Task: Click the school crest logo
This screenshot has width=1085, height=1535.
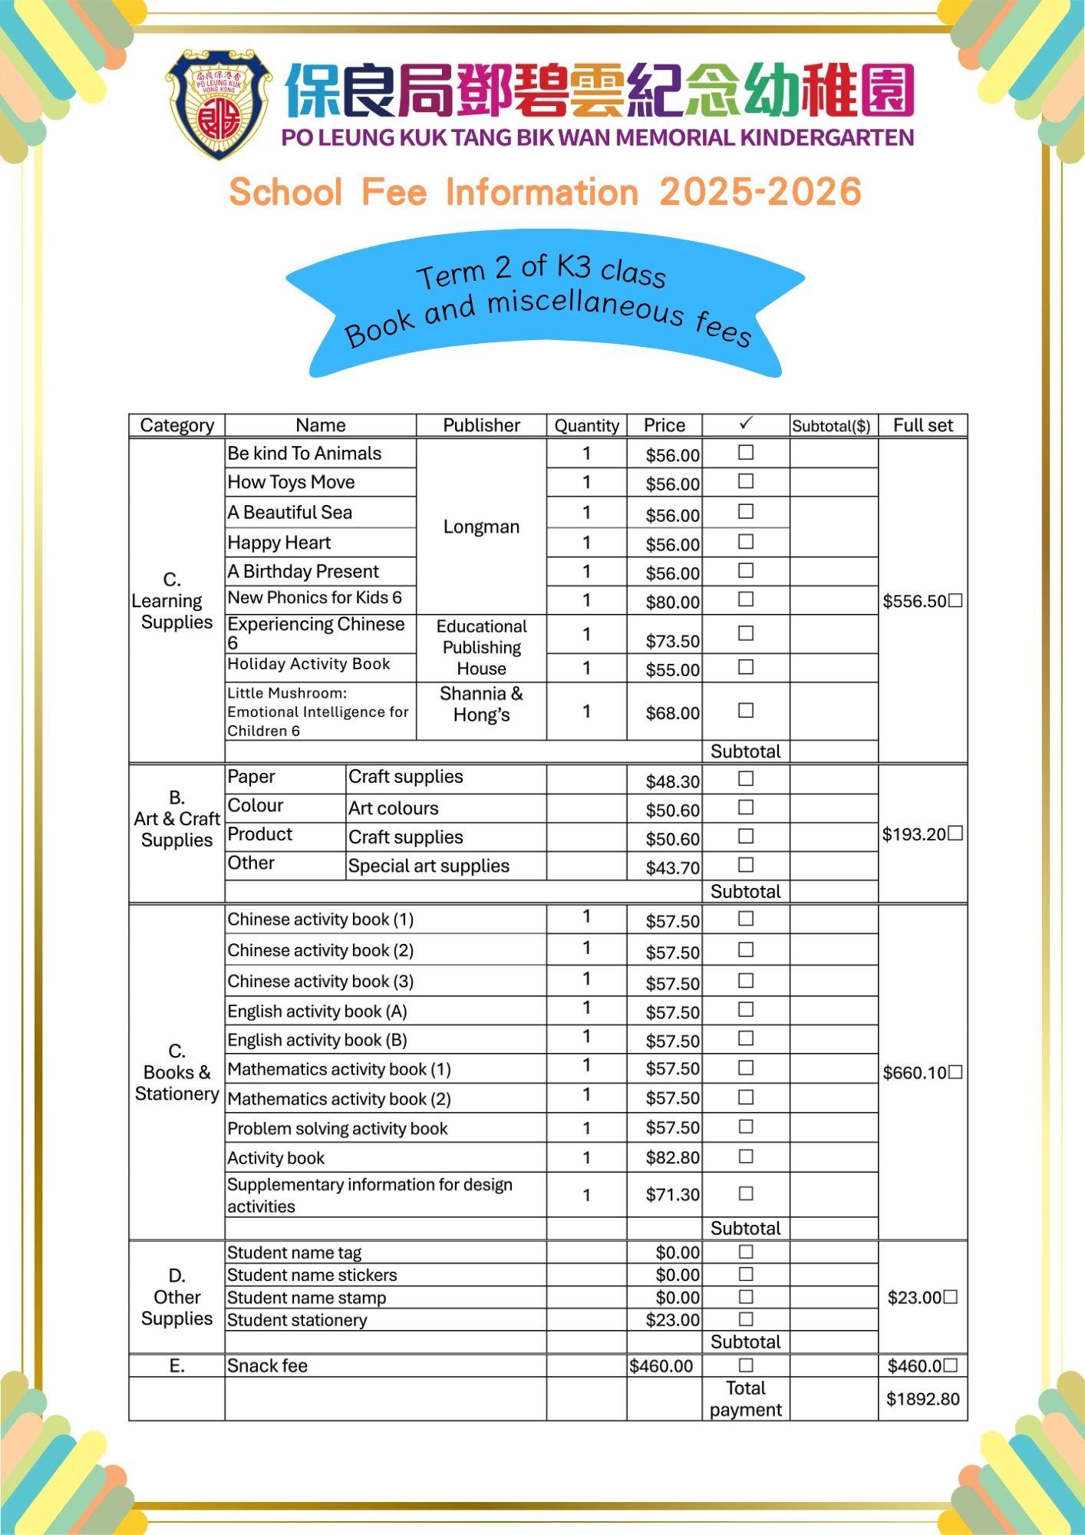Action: tap(219, 104)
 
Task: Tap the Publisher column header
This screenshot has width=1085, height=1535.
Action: tap(481, 425)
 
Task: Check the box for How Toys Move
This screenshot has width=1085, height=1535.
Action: tap(745, 482)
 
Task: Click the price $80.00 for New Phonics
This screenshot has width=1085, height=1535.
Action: tap(672, 602)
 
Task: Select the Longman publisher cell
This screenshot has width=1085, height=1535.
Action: tap(481, 527)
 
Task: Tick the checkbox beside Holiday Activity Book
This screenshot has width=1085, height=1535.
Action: tap(745, 667)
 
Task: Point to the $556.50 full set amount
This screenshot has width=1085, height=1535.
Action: tap(915, 602)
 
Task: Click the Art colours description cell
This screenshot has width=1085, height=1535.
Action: tap(394, 808)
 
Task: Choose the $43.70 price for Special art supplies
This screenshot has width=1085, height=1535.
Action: tap(672, 868)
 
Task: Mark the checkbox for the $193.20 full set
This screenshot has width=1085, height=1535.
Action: tap(955, 834)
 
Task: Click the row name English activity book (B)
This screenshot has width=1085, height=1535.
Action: tap(317, 1041)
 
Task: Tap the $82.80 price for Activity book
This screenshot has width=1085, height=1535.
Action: tap(672, 1157)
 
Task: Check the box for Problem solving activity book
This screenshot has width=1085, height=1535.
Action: tap(745, 1127)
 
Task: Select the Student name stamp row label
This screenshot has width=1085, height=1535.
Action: tap(306, 1298)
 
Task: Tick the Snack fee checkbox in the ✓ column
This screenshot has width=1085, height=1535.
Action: tap(745, 1365)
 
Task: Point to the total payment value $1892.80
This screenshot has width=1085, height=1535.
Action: tap(922, 1399)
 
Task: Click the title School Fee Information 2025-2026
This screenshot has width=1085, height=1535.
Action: tap(545, 192)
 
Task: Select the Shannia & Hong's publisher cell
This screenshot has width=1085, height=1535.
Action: tap(481, 705)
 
